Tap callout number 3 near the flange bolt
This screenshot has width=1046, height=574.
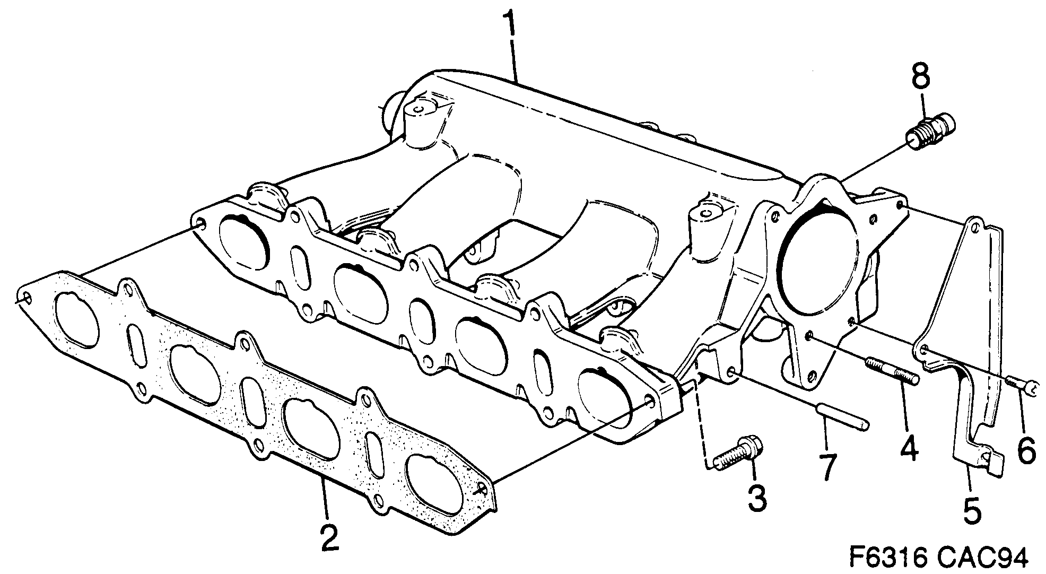756,497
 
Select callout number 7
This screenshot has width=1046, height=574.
826,465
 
